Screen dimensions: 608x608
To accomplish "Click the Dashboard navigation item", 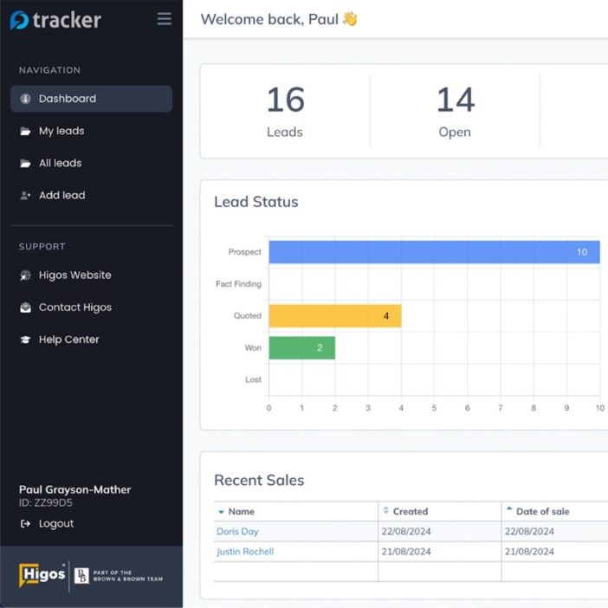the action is pos(91,99).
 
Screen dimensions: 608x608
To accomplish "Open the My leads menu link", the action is pos(61,131).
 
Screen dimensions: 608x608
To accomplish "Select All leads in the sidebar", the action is pos(60,163).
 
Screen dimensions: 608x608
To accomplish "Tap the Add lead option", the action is pos(61,196).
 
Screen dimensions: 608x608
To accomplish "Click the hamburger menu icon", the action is pos(165,18).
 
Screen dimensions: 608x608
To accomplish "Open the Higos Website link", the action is pos(74,275).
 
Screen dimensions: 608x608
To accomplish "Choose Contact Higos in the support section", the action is pos(74,307).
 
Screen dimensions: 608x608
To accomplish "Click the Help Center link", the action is pos(68,340).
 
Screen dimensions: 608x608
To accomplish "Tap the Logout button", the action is pos(55,524).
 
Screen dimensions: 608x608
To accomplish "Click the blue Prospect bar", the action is pos(434,252).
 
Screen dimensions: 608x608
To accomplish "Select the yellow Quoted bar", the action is pos(335,316).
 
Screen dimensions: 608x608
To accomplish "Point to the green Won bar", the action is pos(302,348).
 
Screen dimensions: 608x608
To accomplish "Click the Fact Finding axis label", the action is pos(238,284).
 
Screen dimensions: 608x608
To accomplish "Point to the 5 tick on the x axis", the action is pos(434,408).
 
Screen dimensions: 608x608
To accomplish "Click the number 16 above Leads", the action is pos(286,100).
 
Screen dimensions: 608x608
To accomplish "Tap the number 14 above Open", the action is pos(456,100).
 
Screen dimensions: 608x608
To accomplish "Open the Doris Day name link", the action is pos(237,532).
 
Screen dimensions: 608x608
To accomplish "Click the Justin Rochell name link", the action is pos(245,552).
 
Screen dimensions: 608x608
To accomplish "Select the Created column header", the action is pos(411,512).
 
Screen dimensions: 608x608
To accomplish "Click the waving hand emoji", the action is pos(350,18).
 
